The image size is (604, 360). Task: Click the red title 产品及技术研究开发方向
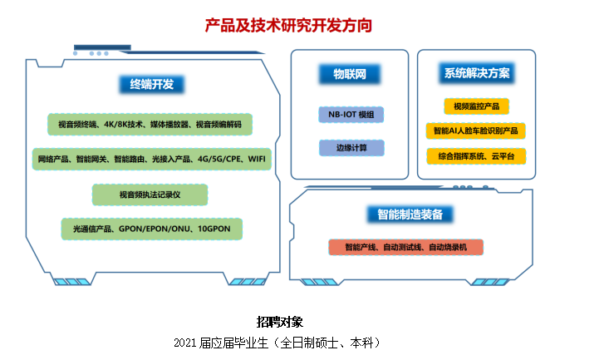(x=288, y=26)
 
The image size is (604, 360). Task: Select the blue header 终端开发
(x=152, y=85)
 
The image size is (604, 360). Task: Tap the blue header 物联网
(x=350, y=74)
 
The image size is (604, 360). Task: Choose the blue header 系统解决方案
(x=477, y=73)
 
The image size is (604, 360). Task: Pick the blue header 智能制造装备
(x=410, y=215)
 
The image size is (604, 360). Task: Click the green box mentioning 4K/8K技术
(x=150, y=125)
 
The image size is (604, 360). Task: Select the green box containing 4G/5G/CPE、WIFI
(x=152, y=159)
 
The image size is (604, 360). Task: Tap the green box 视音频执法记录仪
(x=150, y=195)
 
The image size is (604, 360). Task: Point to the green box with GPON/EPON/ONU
(x=152, y=229)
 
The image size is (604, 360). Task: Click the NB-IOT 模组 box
(x=351, y=115)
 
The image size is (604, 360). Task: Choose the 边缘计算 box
(x=351, y=148)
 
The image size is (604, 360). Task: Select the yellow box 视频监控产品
(x=477, y=106)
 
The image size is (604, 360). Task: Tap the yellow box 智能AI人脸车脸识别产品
(x=476, y=131)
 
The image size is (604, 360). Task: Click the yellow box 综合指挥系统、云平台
(x=476, y=156)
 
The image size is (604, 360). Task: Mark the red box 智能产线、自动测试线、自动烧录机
(x=405, y=247)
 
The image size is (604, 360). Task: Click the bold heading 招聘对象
(x=280, y=322)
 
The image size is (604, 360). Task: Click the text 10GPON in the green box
(x=214, y=229)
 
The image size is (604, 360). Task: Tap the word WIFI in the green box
(x=257, y=159)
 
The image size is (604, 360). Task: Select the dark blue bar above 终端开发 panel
(x=102, y=47)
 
